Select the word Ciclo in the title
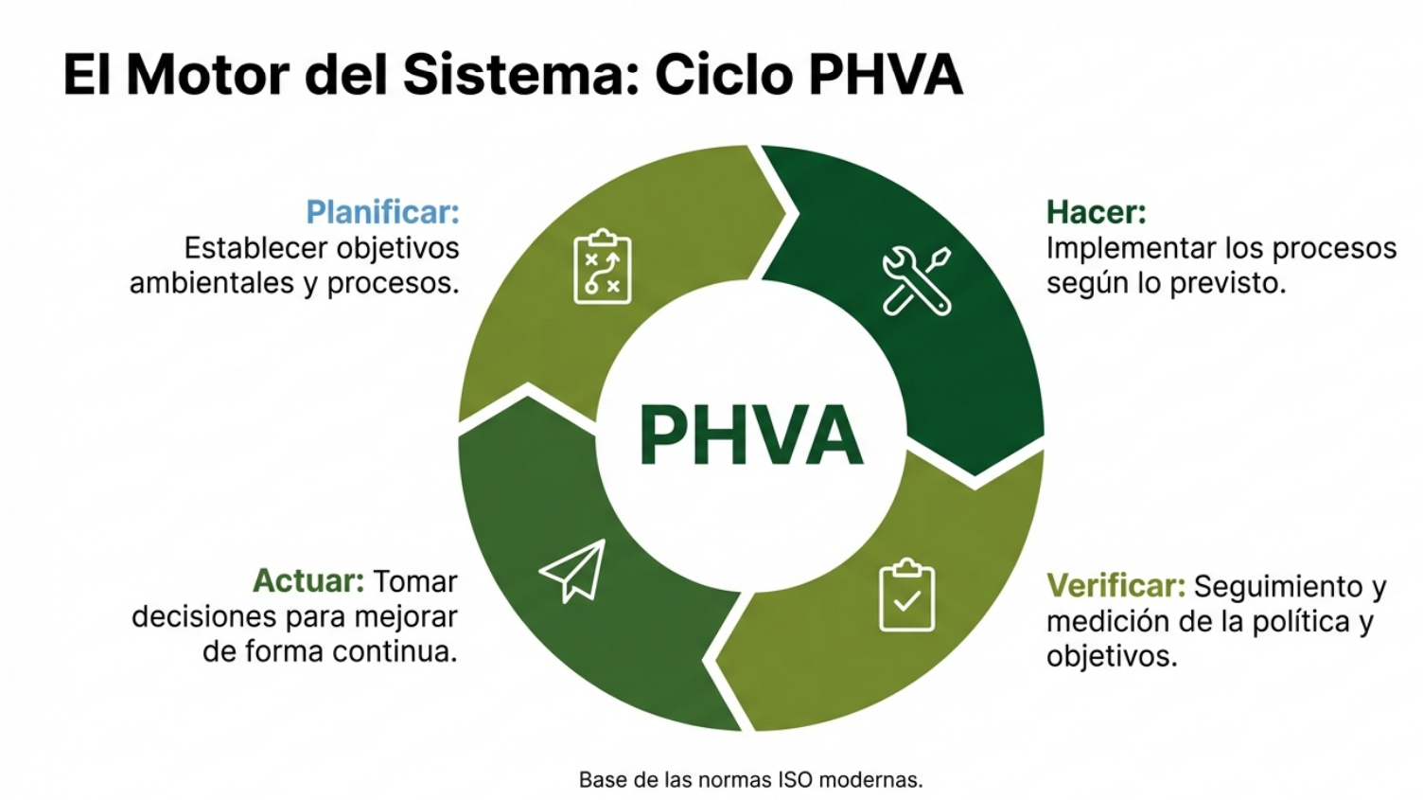point(724,75)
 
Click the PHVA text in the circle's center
point(751,436)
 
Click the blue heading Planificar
point(382,211)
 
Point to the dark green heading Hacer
point(1097,211)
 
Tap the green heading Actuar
point(308,580)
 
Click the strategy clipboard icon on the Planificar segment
point(603,266)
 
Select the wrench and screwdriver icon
point(917,281)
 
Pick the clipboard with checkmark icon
point(907,595)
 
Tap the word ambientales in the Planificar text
point(212,283)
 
